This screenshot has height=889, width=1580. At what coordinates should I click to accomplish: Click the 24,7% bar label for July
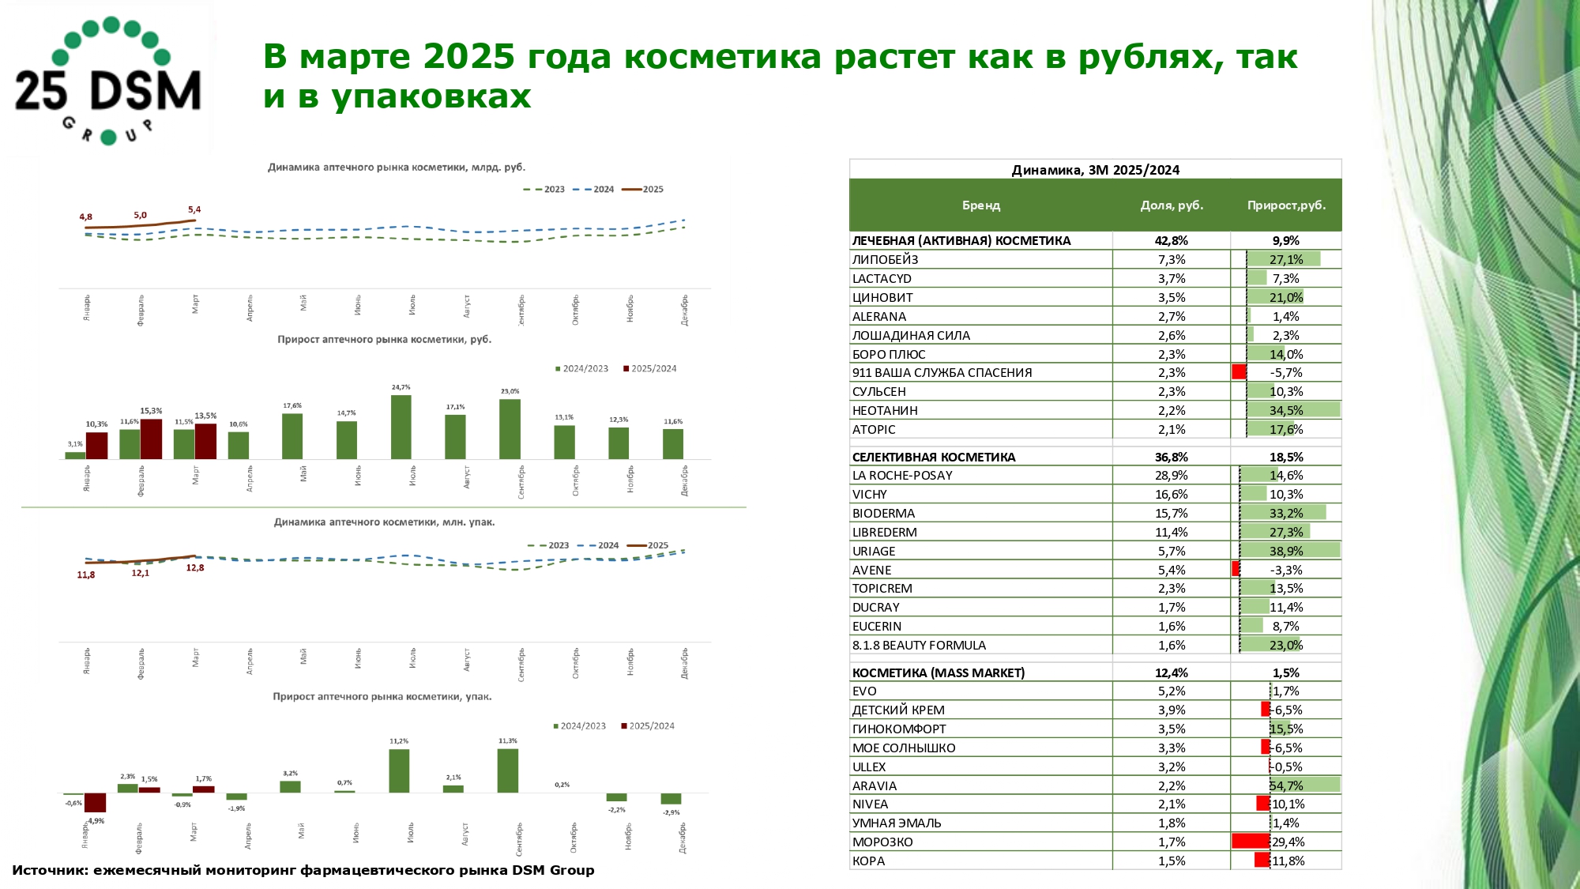tap(401, 387)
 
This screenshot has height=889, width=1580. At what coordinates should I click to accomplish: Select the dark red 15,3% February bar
tap(151, 439)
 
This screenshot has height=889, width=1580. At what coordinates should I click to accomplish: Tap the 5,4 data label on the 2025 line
tap(194, 209)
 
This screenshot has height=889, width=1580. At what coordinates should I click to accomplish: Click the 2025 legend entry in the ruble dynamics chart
tap(644, 190)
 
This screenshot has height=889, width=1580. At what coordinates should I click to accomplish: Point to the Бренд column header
tap(980, 205)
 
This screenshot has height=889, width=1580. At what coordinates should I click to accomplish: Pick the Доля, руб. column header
tap(1172, 205)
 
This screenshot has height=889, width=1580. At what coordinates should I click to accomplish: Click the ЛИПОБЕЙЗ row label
tap(885, 260)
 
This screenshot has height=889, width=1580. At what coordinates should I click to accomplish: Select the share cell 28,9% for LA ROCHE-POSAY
tap(1172, 476)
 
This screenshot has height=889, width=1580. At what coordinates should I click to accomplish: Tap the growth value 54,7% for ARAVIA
tap(1286, 785)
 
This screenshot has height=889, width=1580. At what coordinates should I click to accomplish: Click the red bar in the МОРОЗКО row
tap(1251, 842)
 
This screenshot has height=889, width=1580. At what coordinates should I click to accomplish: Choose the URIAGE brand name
tap(874, 552)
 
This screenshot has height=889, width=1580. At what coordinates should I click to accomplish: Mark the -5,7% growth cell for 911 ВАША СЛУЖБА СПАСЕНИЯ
tap(1286, 373)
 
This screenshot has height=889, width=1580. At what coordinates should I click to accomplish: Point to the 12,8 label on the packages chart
tap(195, 567)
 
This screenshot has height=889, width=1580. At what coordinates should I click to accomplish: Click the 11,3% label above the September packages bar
tap(508, 741)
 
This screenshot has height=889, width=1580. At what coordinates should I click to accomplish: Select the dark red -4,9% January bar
tap(96, 803)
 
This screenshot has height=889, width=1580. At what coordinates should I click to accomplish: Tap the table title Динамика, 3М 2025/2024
tap(1095, 170)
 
